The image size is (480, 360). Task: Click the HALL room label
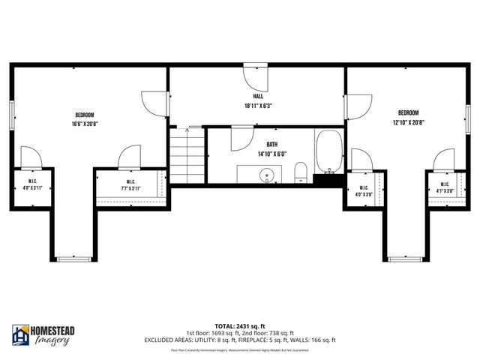tap(257, 97)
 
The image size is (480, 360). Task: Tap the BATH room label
tap(271, 144)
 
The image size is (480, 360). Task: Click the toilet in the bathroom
tap(301, 172)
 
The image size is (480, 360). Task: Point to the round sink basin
tap(268, 176)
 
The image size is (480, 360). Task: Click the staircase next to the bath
tap(187, 155)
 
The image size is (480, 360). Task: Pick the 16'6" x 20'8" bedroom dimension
tap(85, 124)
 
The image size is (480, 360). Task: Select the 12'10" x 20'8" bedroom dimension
tap(408, 122)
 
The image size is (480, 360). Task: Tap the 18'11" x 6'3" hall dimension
tap(257, 106)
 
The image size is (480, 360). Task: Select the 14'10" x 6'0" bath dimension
tap(271, 153)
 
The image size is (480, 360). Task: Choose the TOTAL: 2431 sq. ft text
tap(240, 326)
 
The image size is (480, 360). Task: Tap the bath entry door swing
tap(240, 139)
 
